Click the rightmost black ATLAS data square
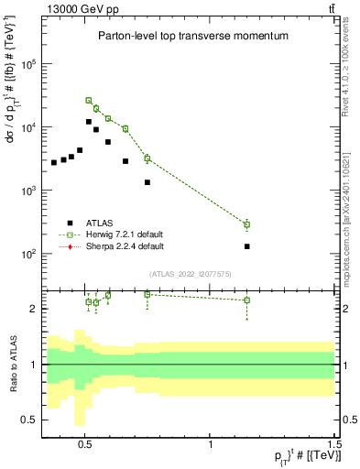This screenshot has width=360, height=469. click(x=247, y=246)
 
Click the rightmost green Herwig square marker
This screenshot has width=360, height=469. click(x=247, y=224)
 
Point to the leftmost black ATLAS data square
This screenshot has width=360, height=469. click(x=54, y=162)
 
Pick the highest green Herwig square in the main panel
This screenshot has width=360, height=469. click(x=89, y=100)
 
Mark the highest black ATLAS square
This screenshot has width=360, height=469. click(x=89, y=122)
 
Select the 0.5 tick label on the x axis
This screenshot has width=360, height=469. click(x=85, y=440)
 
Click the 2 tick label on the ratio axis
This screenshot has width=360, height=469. click(x=33, y=309)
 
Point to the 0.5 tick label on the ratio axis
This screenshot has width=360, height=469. click(x=29, y=420)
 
